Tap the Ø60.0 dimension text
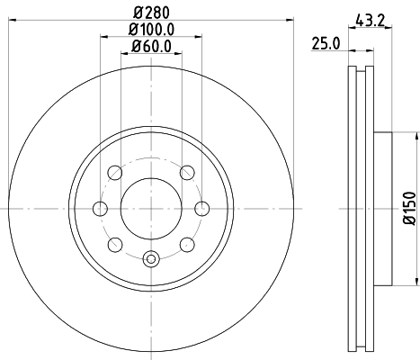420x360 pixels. pos(151,47)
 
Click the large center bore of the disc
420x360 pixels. pos(151,208)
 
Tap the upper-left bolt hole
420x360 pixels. pos(114,173)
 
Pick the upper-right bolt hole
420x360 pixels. pos(187,173)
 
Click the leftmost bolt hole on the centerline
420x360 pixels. pos(100,209)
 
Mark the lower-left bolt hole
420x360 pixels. pos(114,244)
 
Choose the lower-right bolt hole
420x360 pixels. pos(187,244)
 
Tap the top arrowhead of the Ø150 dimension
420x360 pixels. pos(416,137)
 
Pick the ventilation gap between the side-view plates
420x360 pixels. pos(362,208)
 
